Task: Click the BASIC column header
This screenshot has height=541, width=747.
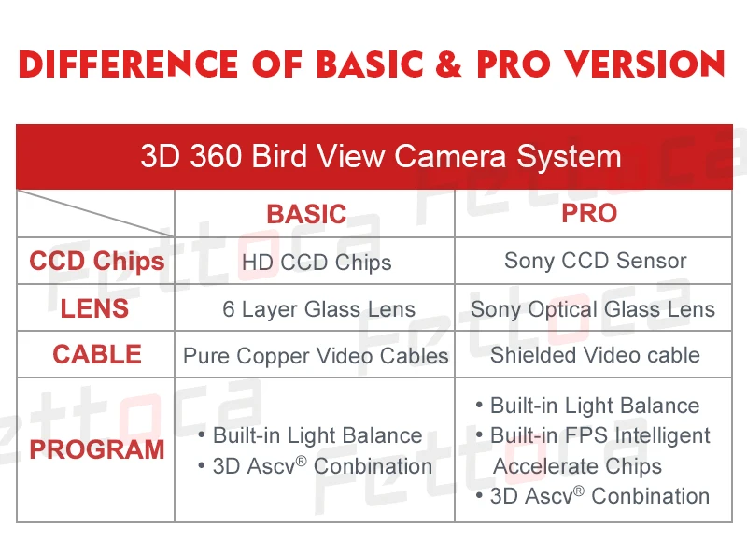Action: [x=306, y=214]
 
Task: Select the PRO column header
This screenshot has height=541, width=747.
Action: [x=589, y=213]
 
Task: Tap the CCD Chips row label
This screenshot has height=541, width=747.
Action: [x=97, y=262]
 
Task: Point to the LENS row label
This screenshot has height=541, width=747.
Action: [x=94, y=308]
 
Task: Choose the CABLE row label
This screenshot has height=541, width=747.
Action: [x=97, y=355]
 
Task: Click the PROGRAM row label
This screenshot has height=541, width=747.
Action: [x=97, y=449]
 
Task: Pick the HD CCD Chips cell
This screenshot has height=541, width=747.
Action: [x=317, y=263]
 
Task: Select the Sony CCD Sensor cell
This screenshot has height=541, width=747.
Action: [x=595, y=261]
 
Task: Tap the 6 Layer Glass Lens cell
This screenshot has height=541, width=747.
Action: [x=318, y=309]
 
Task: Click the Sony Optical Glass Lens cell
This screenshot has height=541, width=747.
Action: [x=593, y=309]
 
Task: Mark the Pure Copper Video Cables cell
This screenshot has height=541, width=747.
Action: [x=316, y=356]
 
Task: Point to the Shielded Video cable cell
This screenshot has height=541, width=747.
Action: [x=595, y=355]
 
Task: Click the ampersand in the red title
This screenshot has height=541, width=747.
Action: [x=448, y=64]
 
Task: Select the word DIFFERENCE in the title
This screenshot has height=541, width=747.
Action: [x=128, y=64]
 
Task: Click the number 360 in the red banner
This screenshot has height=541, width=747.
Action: [x=216, y=156]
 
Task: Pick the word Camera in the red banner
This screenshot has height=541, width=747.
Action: [x=450, y=156]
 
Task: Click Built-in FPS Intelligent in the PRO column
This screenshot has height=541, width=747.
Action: [x=599, y=435]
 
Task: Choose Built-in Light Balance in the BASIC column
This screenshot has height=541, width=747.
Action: [x=317, y=435]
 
